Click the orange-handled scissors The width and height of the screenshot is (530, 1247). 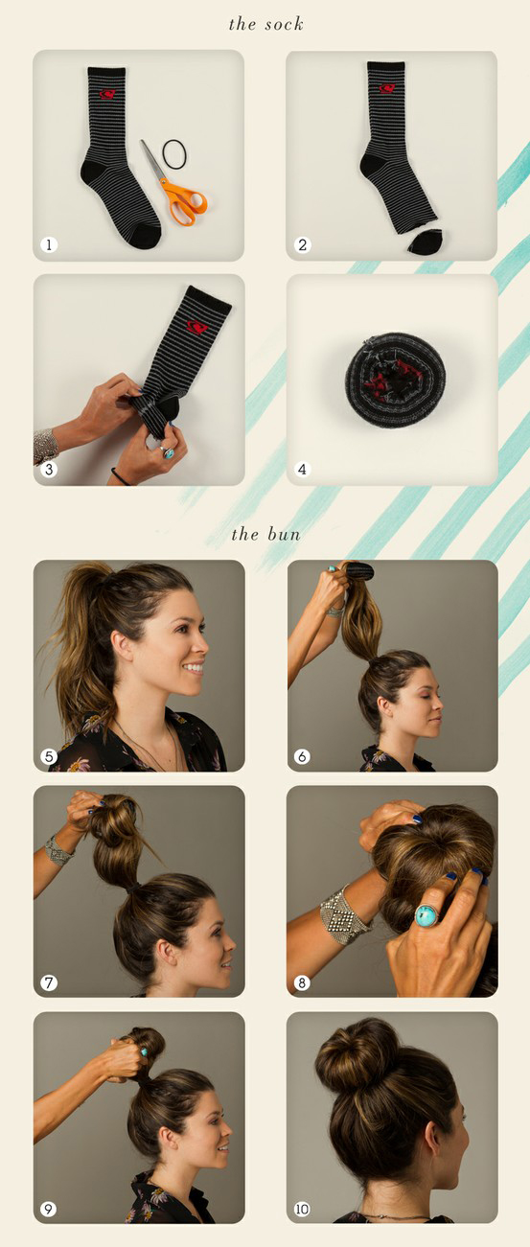[x=179, y=189]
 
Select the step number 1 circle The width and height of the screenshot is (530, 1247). [x=49, y=244]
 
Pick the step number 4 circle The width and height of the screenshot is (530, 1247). [x=302, y=469]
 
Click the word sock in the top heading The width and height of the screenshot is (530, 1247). [x=284, y=24]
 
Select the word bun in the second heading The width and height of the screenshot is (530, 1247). [x=284, y=535]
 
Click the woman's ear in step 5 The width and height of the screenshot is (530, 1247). [x=120, y=646]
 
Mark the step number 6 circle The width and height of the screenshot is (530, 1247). [x=302, y=756]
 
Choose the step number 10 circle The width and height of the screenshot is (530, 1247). [x=302, y=1210]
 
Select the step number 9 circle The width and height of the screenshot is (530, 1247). [x=49, y=1210]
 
